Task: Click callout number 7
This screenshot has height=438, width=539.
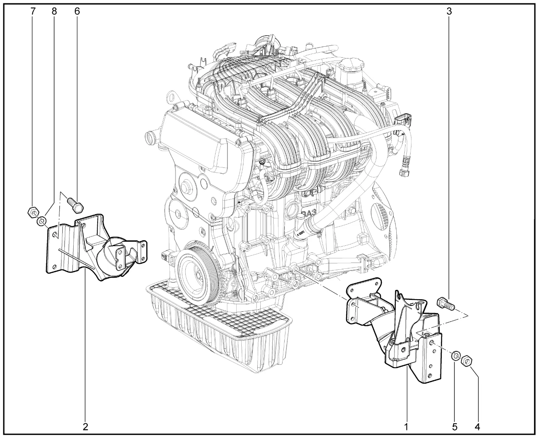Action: pos(33,11)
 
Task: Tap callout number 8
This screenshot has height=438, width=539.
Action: pos(54,11)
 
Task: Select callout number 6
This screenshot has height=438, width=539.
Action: pos(77,11)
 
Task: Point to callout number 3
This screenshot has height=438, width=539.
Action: pos(449,11)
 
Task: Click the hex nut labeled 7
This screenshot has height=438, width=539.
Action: pos(33,211)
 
